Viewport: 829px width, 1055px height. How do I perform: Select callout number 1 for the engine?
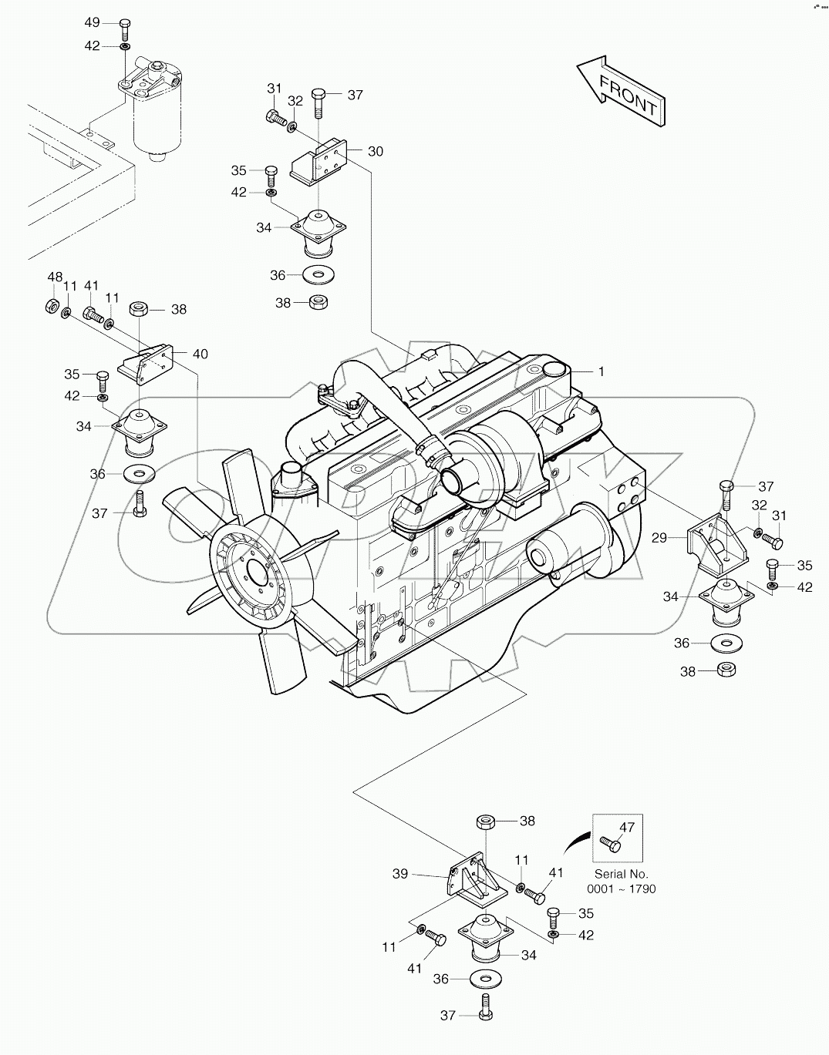(x=601, y=371)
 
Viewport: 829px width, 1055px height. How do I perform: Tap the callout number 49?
(x=92, y=22)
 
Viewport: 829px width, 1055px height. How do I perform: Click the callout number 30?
(x=375, y=151)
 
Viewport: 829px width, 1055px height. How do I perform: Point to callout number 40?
(x=200, y=354)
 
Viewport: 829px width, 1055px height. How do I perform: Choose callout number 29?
(x=659, y=538)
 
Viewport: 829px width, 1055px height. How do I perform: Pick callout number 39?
(x=400, y=874)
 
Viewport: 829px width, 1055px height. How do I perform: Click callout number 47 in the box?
(x=627, y=828)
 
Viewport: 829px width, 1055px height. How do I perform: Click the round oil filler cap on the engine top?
(x=555, y=372)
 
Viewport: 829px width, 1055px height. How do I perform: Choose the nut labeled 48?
(x=49, y=306)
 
